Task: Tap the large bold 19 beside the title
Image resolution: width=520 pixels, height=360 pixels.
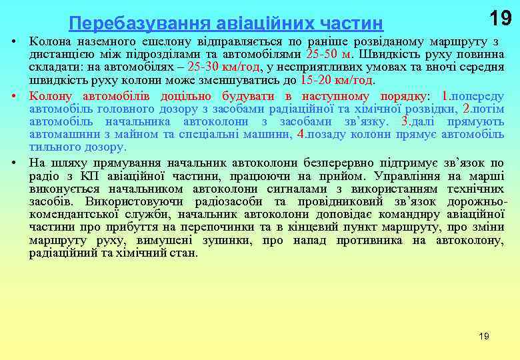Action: tap(500, 19)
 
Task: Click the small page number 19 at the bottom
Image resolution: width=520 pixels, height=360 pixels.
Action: tap(484, 337)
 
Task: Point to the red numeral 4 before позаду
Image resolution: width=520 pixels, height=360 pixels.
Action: tap(300, 133)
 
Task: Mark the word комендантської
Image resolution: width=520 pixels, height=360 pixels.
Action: tap(73, 215)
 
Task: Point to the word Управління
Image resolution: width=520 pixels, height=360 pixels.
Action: tap(407, 176)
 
